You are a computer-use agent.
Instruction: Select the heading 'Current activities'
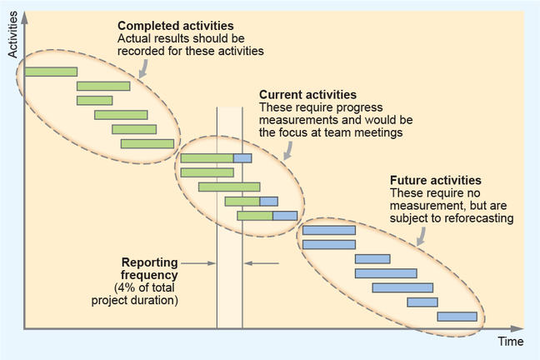(307, 95)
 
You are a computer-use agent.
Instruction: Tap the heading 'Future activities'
(435, 180)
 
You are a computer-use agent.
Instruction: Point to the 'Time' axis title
(510, 342)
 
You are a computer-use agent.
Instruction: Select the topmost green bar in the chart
(51, 72)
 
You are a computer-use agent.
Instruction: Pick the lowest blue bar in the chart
(457, 317)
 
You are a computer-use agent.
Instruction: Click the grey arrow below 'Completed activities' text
(142, 69)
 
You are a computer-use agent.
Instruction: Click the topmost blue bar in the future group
(328, 230)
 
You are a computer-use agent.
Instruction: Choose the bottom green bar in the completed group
(147, 143)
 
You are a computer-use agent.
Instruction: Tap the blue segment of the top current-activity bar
(242, 158)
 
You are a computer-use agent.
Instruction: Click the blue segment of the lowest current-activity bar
(285, 216)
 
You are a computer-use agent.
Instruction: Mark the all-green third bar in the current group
(229, 187)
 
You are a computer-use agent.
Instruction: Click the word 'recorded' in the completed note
(139, 51)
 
